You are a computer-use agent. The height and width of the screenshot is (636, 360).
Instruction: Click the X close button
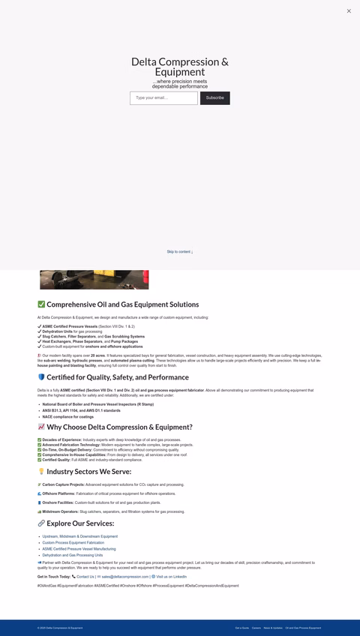(x=349, y=11)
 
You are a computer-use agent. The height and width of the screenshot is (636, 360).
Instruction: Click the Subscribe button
(x=214, y=98)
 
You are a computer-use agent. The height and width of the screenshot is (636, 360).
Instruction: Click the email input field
(x=163, y=98)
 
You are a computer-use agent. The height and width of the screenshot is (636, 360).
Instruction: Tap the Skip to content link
(x=180, y=252)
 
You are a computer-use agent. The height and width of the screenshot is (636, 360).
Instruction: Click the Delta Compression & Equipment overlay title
(x=180, y=67)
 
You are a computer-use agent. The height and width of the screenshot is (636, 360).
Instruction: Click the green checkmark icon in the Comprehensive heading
(x=41, y=304)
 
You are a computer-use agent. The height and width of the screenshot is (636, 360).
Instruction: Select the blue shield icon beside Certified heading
(x=41, y=377)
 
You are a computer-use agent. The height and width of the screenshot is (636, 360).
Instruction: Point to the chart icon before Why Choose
(x=41, y=427)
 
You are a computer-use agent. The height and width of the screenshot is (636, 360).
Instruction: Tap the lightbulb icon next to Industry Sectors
(x=41, y=472)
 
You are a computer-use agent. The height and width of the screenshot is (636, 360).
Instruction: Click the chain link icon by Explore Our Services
(x=41, y=523)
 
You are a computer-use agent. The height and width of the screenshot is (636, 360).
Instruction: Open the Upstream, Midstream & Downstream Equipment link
(x=79, y=536)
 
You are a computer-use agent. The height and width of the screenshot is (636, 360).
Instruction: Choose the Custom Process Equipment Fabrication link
(x=73, y=542)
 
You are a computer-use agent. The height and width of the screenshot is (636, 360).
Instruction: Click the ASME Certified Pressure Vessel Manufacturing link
(x=79, y=549)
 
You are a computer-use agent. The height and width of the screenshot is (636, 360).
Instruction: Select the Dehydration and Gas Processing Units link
(x=72, y=555)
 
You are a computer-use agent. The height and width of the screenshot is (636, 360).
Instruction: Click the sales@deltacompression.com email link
(x=125, y=577)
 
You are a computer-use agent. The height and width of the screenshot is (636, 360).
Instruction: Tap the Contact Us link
(x=85, y=577)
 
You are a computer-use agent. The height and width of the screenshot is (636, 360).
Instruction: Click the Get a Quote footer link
(x=242, y=628)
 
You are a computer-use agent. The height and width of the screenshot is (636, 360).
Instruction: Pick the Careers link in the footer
(x=256, y=628)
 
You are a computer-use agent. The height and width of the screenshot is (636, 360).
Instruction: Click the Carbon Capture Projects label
(x=63, y=484)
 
